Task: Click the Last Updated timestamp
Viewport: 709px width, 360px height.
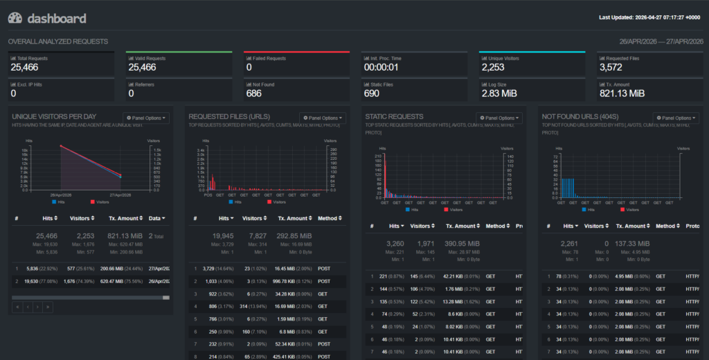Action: coord(649,18)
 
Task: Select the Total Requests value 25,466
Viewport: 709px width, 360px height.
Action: coord(25,67)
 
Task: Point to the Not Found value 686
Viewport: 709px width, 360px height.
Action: coord(254,93)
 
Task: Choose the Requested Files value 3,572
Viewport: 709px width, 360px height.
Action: coord(611,67)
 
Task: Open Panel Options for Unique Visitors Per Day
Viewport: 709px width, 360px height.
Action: coord(145,118)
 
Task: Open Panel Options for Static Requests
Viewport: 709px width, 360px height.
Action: coord(499,118)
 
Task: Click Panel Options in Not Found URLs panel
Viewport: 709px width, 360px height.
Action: coord(675,118)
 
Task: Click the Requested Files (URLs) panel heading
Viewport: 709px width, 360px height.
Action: coord(229,117)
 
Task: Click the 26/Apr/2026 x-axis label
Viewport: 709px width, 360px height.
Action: coord(60,196)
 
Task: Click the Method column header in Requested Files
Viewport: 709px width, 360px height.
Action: coord(328,218)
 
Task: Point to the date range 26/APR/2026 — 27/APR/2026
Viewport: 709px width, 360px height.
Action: coord(660,42)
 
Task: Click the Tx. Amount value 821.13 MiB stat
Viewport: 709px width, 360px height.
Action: coord(622,93)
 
